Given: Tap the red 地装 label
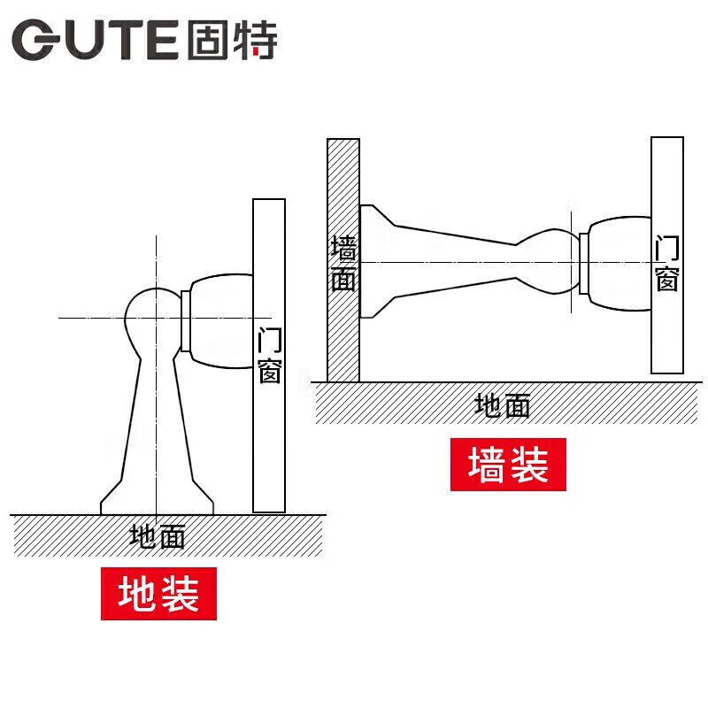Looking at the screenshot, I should (x=158, y=595).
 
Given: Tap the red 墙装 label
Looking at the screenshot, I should (x=508, y=464).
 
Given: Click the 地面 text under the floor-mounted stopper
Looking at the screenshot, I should (x=158, y=536).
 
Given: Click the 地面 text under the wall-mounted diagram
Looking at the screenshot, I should (x=502, y=405).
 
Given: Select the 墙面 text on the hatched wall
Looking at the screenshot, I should (x=342, y=264).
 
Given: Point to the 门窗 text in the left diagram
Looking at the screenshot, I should (x=269, y=356).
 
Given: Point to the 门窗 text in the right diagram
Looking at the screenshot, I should (x=666, y=264).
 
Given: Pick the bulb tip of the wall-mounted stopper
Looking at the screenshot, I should (x=549, y=261).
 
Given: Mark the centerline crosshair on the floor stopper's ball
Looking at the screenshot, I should (x=156, y=317).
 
